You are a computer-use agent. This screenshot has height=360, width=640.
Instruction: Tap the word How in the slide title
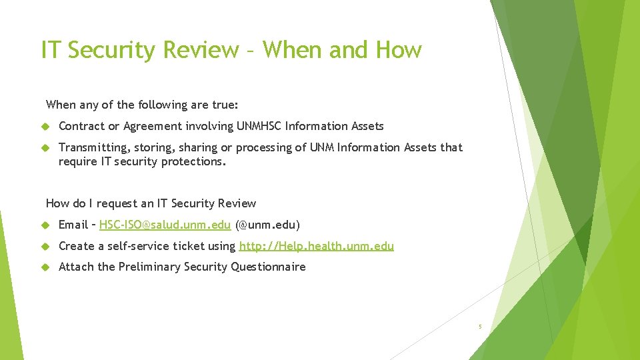[399, 50]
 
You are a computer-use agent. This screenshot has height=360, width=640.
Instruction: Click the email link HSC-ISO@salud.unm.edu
[165, 225]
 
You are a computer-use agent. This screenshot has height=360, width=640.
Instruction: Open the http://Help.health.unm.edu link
[316, 246]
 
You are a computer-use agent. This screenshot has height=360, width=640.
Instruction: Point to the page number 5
[479, 327]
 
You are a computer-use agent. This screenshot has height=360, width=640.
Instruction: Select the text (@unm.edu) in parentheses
[267, 225]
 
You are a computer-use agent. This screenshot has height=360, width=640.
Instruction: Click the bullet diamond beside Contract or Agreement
[46, 126]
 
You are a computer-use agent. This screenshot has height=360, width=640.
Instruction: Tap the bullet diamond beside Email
[46, 225]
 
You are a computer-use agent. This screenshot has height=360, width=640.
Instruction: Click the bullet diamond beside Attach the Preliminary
[46, 267]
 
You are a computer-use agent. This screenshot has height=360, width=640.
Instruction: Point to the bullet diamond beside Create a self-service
[46, 246]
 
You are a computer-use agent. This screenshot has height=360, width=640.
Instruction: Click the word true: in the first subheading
[225, 105]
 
